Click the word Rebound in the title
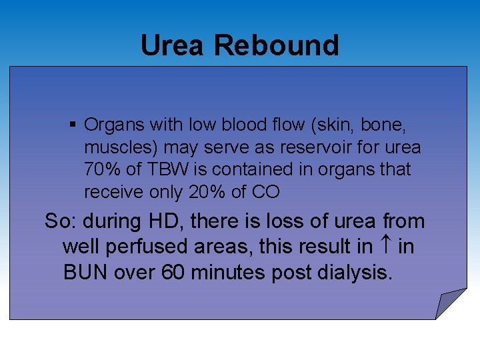click(x=277, y=45)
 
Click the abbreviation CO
click(x=266, y=192)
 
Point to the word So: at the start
click(x=61, y=221)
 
